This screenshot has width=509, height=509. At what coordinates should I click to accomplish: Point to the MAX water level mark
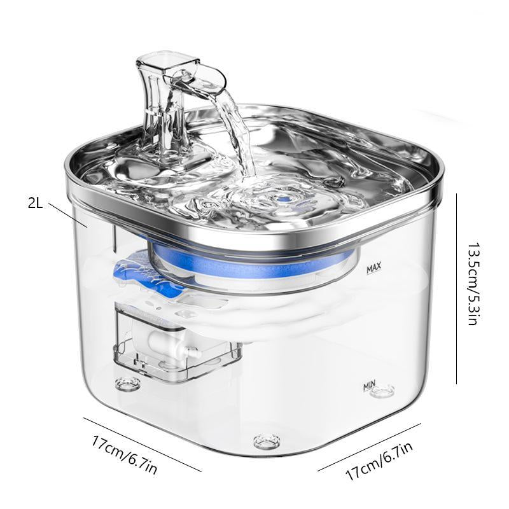[x=373, y=270]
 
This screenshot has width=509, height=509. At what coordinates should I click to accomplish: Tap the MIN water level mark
[x=369, y=386]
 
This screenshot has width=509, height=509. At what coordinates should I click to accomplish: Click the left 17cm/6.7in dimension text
[x=125, y=454]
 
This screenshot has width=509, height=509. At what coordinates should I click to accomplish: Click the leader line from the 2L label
[x=66, y=214]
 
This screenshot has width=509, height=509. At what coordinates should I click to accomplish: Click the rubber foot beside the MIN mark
[x=383, y=391]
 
